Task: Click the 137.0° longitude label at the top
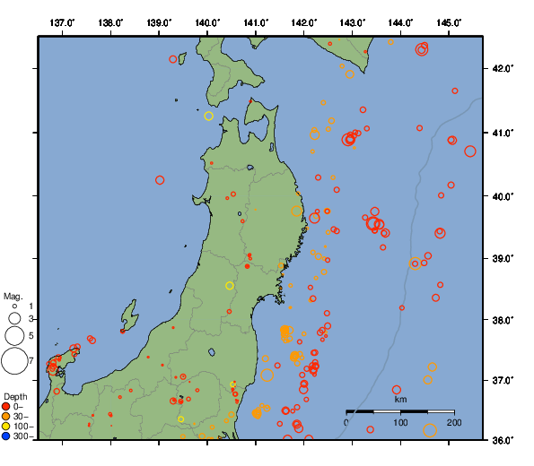tap(62, 22)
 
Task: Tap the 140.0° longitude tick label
tap(207, 22)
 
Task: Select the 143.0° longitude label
tap(353, 22)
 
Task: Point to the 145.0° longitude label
tap(450, 22)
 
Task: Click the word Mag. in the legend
tap(13, 296)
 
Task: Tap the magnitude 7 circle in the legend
tap(14, 361)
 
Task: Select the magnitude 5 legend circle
tap(14, 336)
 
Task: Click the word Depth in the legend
tap(15, 396)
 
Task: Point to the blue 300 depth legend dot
tap(6, 436)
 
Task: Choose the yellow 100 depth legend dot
tap(6, 427)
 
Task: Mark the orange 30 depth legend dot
tap(6, 417)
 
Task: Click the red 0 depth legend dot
tap(6, 407)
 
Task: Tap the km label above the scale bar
tap(400, 399)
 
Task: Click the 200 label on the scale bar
tap(454, 422)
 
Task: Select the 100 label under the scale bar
tap(400, 422)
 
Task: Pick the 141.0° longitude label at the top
tap(256, 22)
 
